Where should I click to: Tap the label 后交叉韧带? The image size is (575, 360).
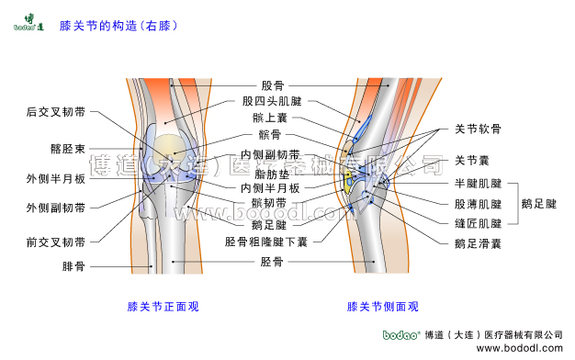pos(56,112)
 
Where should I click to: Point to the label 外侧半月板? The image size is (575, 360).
pos(56,178)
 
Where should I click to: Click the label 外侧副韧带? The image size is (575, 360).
pos(56,208)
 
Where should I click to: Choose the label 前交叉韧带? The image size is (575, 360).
pos(56,243)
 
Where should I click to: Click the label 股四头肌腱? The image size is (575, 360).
pos(272,101)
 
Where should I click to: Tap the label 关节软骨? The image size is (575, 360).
pos(479,129)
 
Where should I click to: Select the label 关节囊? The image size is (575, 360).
pos(472,160)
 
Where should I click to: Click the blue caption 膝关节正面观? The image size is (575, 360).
pos(163,307)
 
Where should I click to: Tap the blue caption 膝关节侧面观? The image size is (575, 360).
pos(382,307)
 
